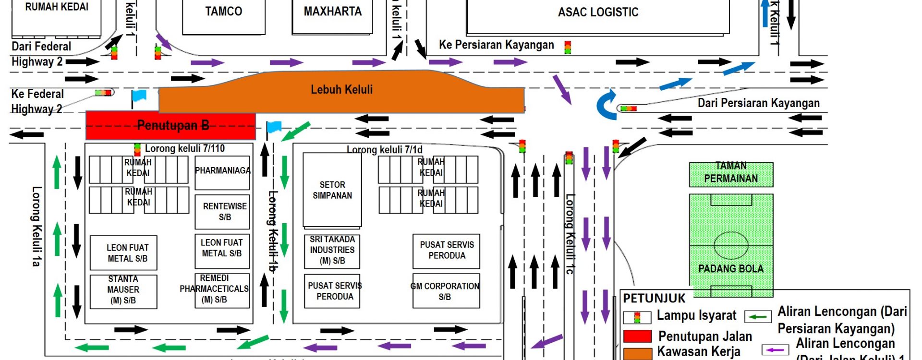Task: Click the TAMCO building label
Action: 223,12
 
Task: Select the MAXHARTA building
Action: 332,12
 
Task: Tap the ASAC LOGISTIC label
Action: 598,12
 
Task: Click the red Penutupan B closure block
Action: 170,126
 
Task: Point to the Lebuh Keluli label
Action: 341,90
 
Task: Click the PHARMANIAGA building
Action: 222,171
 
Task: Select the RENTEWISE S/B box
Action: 222,211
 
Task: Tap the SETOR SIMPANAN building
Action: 332,190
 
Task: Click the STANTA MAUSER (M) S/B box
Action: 123,290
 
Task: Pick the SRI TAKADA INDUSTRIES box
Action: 332,250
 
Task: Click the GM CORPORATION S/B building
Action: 446,291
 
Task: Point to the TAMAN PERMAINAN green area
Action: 731,174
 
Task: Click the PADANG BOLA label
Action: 730,269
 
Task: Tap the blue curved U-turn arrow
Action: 606,105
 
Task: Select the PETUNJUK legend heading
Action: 654,299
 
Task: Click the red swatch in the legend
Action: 637,336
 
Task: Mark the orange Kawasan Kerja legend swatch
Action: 637,353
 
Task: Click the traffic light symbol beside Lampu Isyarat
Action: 637,317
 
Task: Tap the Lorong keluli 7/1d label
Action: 384,150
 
